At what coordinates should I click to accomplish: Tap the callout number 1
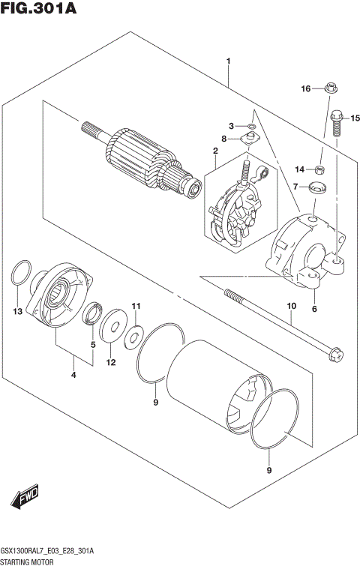(228, 61)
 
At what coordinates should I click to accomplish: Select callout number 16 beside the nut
(305, 89)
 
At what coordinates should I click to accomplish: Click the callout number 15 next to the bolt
(355, 118)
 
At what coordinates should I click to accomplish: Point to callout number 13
(17, 311)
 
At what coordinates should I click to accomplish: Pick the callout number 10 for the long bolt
(292, 306)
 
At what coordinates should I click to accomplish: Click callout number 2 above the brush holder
(214, 151)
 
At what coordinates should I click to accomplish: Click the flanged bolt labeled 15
(335, 122)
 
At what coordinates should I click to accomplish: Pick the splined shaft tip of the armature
(89, 130)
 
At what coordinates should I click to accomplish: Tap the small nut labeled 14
(319, 169)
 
